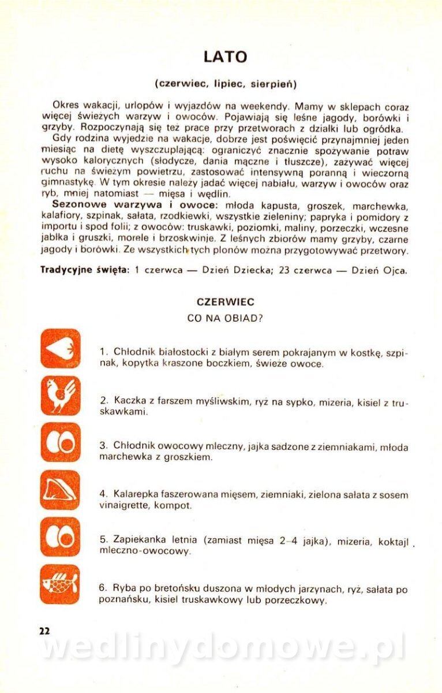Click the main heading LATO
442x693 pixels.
pos(225,57)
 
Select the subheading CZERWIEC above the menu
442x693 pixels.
pos(225,302)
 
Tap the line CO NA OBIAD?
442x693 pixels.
pos(225,318)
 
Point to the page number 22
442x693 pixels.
pos(44,631)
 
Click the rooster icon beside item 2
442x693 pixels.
pos(60,396)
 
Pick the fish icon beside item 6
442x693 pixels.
pos(60,584)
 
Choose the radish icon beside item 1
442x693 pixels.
pos(60,348)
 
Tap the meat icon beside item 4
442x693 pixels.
pos(60,490)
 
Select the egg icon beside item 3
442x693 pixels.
pos(60,442)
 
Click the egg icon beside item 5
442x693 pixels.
pos(60,537)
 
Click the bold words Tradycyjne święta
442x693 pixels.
pos(85,270)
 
